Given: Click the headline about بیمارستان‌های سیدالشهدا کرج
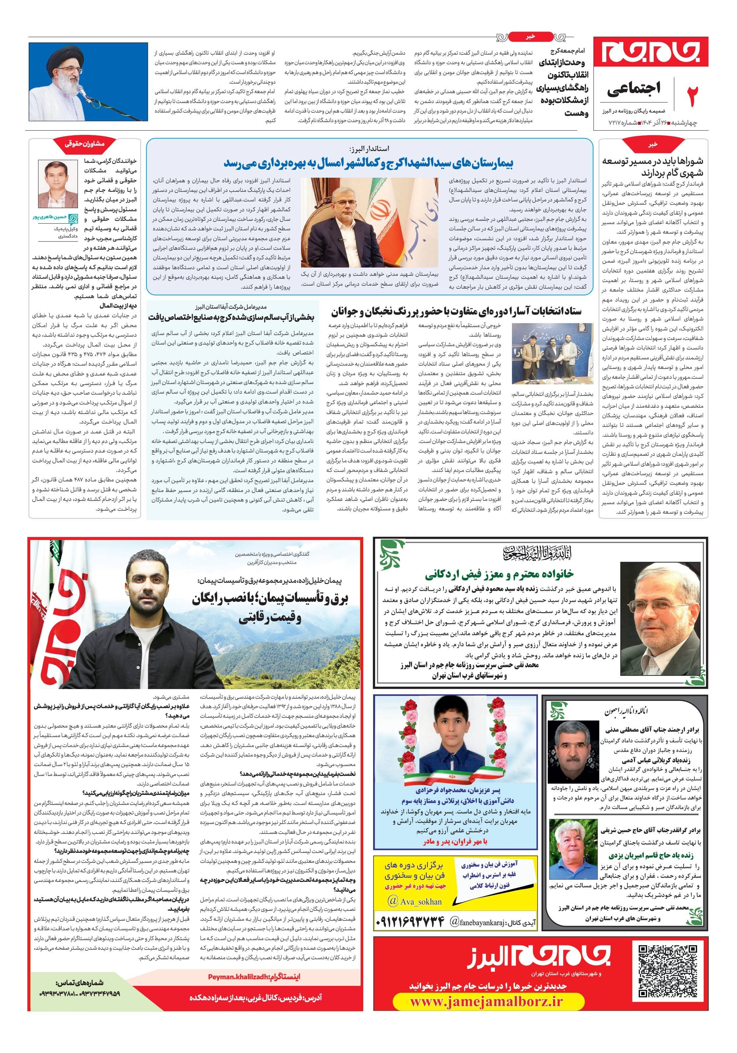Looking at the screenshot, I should tap(369, 164).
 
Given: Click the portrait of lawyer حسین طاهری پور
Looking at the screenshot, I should tap(58, 183).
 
